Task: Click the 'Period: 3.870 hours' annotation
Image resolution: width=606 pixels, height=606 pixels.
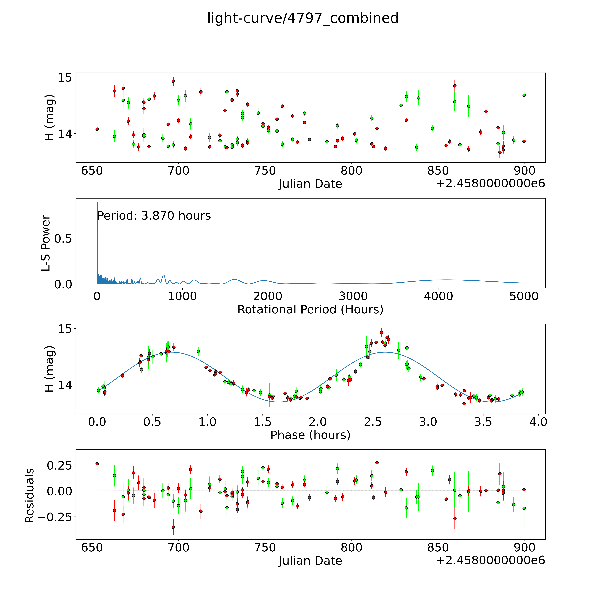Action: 154,216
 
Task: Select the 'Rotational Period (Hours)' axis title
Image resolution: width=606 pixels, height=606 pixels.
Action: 310,310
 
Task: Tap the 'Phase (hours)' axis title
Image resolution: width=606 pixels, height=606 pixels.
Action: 310,435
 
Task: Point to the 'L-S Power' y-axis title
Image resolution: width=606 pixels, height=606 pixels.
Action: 46,243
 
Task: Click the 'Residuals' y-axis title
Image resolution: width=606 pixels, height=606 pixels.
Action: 30,496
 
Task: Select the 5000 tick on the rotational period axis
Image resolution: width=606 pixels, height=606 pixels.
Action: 524,296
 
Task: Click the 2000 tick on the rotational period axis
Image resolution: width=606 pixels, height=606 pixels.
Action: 268,296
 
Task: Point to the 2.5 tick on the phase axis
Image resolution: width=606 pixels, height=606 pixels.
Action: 373,422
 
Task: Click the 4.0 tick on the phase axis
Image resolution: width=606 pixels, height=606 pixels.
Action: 538,422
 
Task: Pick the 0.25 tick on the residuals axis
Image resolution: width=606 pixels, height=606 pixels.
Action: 60,465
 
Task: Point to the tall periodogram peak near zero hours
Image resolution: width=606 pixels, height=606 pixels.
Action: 97,203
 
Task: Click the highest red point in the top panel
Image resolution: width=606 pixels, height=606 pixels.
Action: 173,81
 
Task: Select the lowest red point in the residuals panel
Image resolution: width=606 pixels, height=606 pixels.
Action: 173,527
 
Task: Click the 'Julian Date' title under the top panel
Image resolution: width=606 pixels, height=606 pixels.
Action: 310,184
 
